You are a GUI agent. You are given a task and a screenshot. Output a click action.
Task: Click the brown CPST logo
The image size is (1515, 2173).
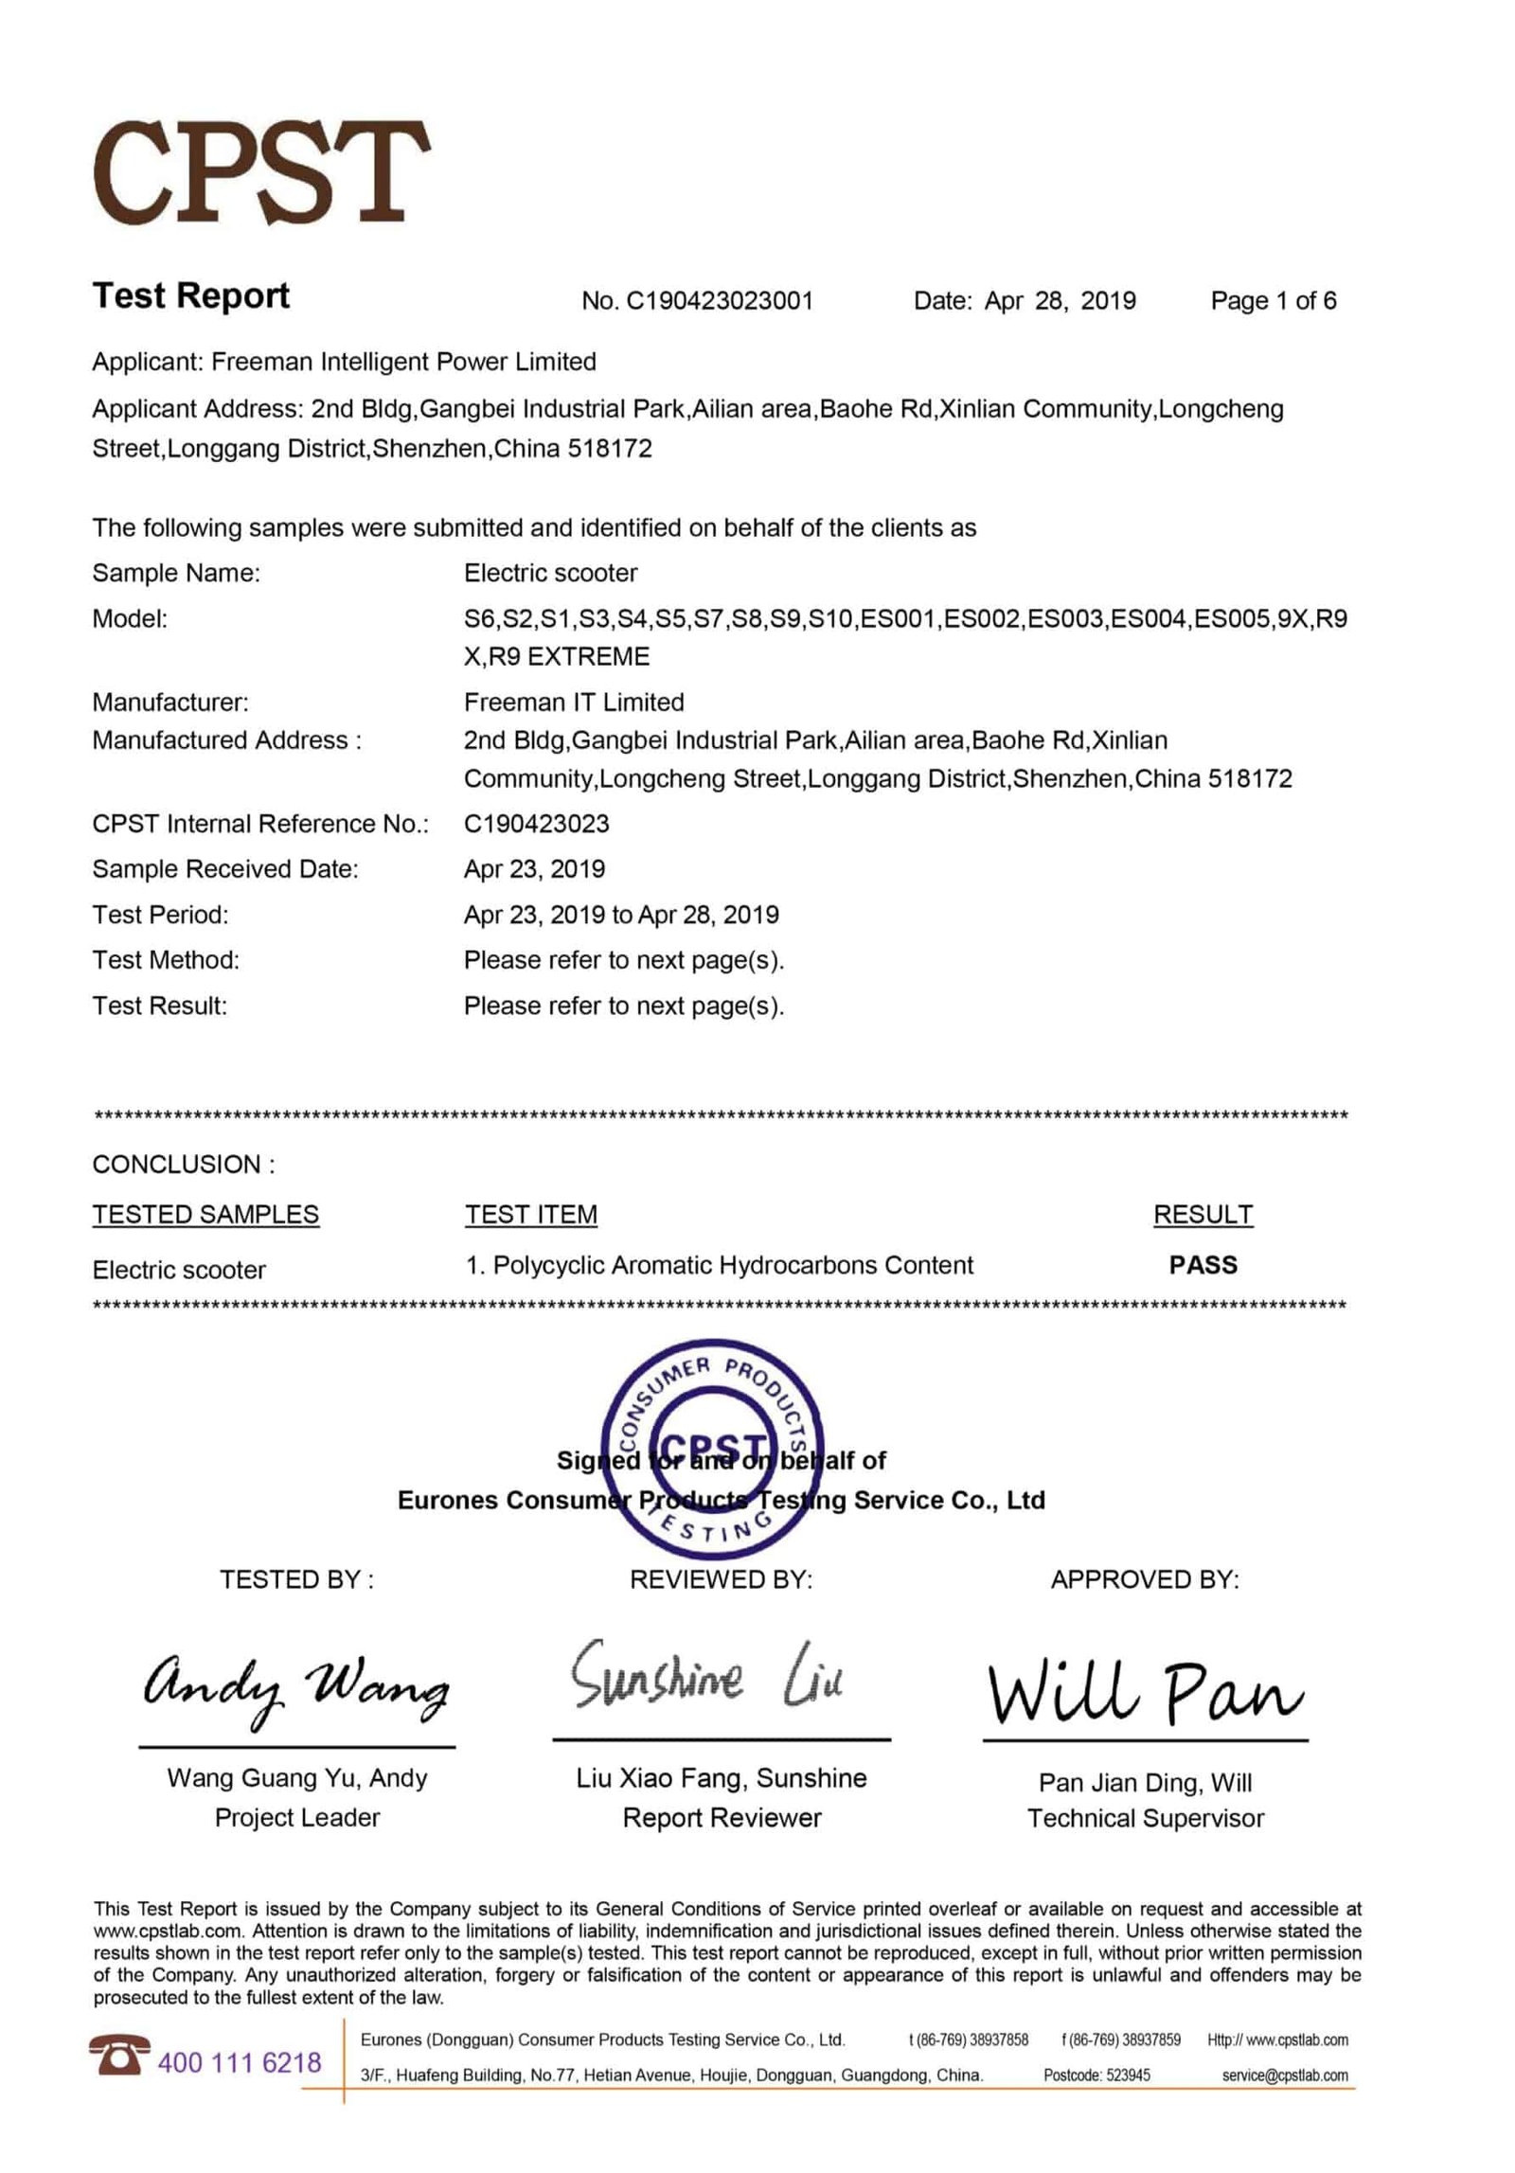[260, 172]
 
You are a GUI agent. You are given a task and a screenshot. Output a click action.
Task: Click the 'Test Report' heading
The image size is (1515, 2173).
[190, 295]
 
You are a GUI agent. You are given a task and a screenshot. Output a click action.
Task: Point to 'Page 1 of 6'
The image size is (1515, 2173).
[1273, 301]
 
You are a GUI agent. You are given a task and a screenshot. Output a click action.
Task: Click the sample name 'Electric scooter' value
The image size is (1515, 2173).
[550, 573]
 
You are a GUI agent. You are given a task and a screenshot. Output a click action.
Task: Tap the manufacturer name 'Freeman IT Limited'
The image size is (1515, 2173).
[573, 702]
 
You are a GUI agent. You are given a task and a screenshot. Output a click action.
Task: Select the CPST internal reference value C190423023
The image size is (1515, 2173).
[536, 824]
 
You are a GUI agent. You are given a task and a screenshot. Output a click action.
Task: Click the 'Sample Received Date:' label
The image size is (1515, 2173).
[225, 869]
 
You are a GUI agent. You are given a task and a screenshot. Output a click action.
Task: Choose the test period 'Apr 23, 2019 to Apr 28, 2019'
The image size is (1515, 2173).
[621, 915]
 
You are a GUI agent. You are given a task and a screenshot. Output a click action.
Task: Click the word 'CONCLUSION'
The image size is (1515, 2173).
[176, 1164]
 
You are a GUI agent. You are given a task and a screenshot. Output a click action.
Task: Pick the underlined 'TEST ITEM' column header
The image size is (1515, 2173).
[530, 1214]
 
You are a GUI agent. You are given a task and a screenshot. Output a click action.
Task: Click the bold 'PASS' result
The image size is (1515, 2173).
[1203, 1265]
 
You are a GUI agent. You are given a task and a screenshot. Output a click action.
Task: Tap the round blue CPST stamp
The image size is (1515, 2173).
[712, 1450]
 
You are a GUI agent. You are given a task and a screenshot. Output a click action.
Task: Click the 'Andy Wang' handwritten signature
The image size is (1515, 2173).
[295, 1690]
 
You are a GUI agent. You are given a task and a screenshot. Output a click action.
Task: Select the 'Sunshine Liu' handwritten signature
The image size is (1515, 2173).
[706, 1677]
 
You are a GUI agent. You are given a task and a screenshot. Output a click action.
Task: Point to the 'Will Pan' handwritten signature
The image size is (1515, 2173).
[1144, 1691]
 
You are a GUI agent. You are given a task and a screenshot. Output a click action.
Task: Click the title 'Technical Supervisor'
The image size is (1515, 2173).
[1145, 1818]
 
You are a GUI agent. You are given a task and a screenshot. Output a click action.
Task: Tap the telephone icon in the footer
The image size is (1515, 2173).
[120, 2053]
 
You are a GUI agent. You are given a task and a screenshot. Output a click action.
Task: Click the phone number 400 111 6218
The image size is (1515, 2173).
[240, 2062]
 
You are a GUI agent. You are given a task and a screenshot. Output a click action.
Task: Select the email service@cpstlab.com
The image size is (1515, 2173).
[1284, 2075]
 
